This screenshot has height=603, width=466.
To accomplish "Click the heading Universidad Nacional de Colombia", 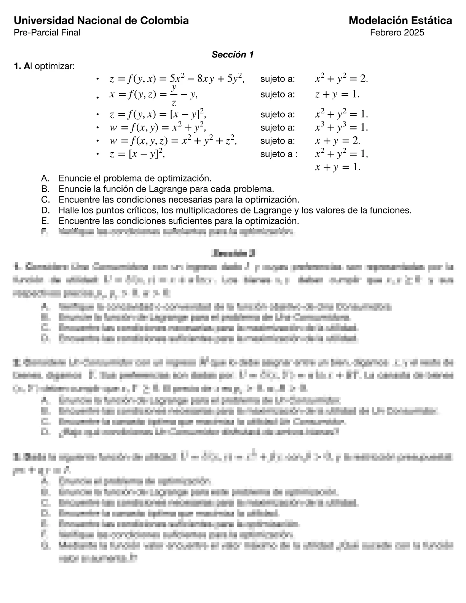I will pos(101,21).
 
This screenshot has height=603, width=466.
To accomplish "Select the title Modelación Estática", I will pos(400,21).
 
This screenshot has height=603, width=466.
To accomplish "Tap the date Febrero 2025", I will pos(397,32).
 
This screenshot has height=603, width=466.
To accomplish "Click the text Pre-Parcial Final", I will pos(47,32).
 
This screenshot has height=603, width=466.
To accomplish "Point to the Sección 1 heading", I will pos(233,54).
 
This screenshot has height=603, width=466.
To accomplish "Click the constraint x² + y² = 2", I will pos(342,79).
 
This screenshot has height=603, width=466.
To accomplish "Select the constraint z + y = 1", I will pos(337,94).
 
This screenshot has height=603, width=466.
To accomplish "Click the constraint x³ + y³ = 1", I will pos(342,127).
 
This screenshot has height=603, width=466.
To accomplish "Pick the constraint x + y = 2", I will pos(337,141).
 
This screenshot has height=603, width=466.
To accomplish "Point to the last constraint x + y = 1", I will pos(337,167).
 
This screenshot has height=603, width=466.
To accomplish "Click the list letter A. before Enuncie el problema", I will pos(45,178).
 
